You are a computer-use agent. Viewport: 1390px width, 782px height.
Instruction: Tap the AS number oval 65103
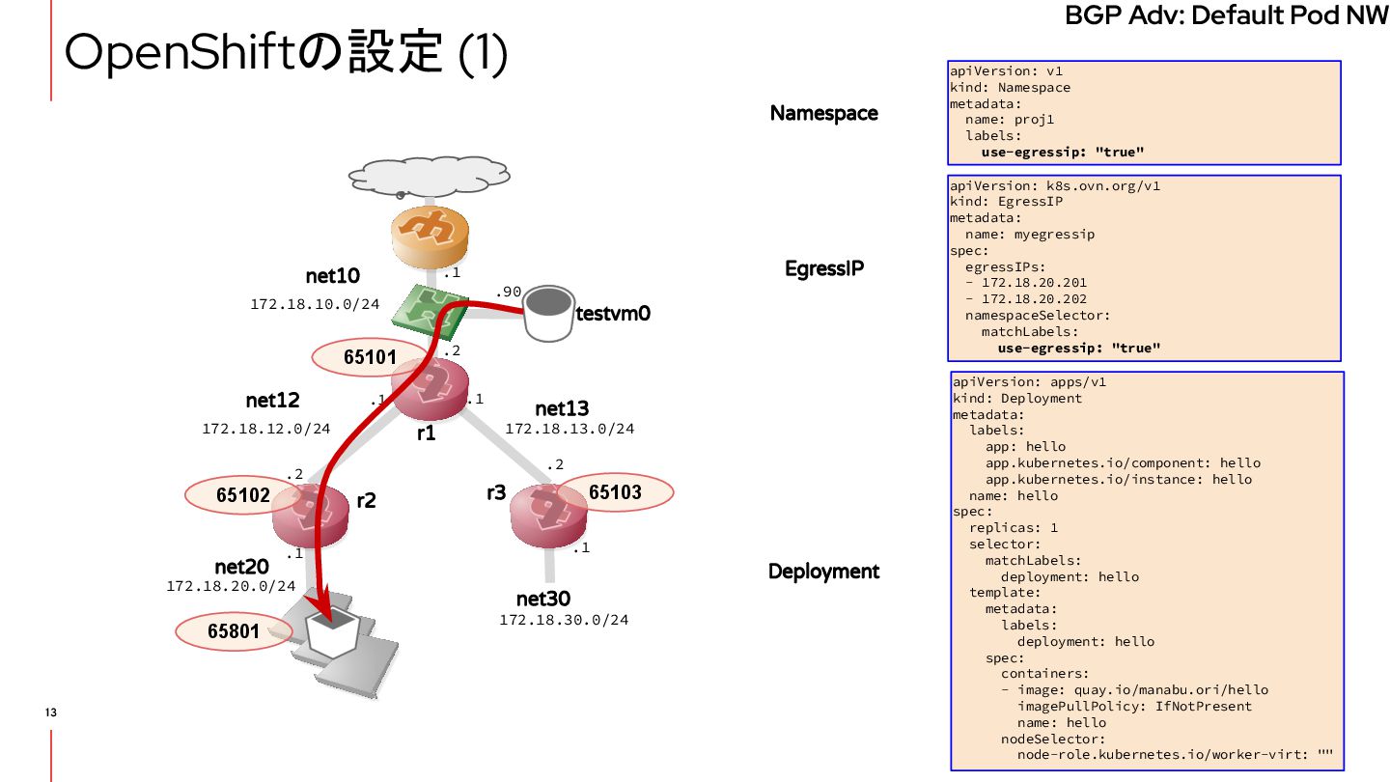(615, 492)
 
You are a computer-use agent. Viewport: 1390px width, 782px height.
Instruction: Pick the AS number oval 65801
(233, 631)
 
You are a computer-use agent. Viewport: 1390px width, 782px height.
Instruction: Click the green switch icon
(431, 307)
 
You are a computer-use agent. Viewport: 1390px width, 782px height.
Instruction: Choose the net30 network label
(542, 600)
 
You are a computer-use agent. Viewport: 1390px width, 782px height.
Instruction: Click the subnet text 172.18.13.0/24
(570, 428)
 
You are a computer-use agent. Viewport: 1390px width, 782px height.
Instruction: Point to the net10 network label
(332, 277)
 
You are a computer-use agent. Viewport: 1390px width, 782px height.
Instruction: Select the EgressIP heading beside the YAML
(823, 269)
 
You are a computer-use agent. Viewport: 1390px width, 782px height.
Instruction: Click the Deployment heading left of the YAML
(823, 572)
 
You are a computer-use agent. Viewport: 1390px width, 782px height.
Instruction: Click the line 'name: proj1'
(1013, 120)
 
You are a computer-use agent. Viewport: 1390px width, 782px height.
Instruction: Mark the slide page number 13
(51, 712)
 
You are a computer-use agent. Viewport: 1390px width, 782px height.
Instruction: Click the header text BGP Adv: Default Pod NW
(1226, 16)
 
